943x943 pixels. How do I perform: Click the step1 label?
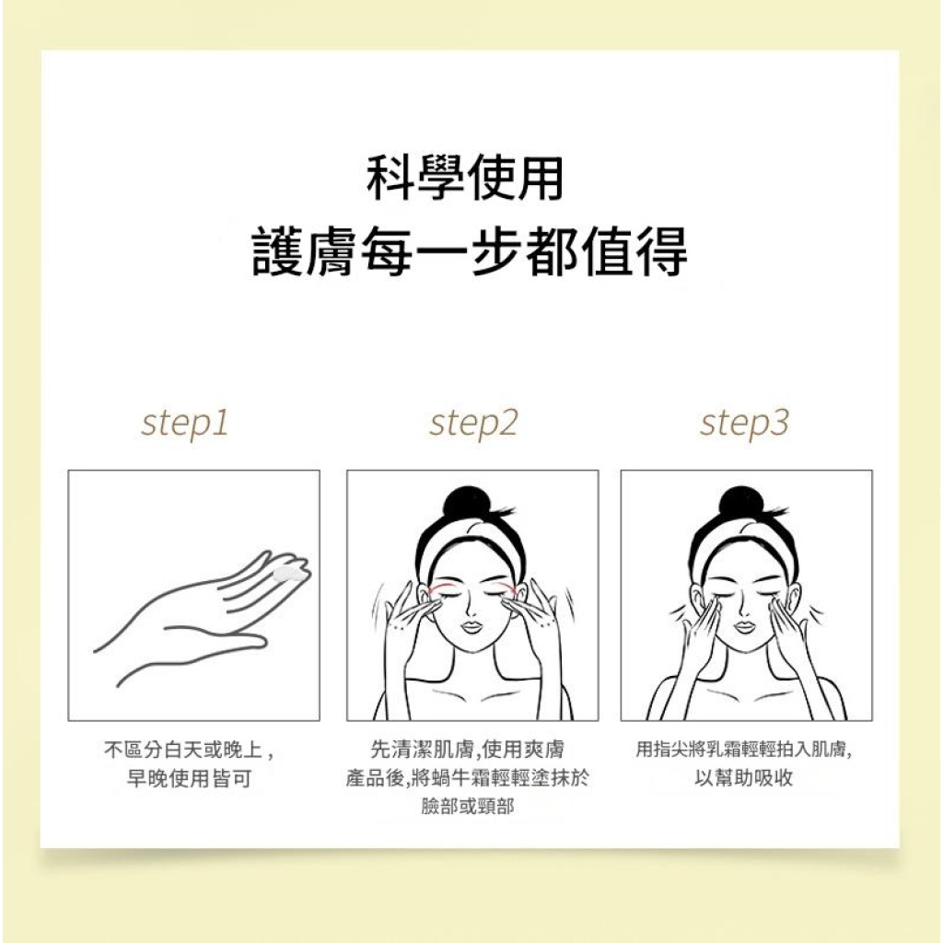[185, 424]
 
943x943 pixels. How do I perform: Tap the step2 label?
[473, 424]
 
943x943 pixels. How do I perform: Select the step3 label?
[744, 424]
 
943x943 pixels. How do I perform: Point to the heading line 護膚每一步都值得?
[470, 250]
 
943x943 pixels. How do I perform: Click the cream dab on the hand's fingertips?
[288, 574]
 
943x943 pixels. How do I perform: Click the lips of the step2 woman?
[471, 627]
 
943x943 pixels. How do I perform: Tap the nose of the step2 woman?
[471, 606]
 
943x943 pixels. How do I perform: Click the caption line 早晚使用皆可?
[189, 779]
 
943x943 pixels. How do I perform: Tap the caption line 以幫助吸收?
[744, 779]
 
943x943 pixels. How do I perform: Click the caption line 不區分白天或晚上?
[189, 751]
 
